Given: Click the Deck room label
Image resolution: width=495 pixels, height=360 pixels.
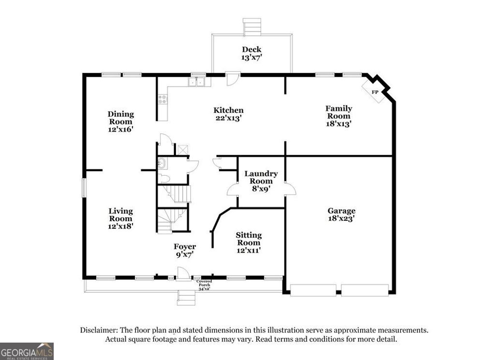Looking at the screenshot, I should [252, 49].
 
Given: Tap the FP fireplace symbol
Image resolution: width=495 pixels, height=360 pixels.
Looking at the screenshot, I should [375, 92].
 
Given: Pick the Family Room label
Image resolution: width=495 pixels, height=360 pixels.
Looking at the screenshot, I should [338, 112].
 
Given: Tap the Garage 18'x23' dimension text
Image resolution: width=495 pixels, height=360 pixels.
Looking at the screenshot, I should [341, 219].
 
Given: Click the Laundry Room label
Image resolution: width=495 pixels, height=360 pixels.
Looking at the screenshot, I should [261, 178].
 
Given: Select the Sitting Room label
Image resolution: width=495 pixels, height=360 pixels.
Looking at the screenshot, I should [248, 239].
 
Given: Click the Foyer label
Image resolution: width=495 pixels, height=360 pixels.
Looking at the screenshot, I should [185, 247].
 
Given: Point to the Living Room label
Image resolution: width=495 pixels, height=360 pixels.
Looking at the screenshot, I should [120, 215].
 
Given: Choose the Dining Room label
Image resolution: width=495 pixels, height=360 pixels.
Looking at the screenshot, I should [120, 118].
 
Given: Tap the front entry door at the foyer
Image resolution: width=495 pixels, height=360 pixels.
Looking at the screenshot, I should [183, 274].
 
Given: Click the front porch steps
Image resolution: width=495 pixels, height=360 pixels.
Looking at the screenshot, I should [186, 297].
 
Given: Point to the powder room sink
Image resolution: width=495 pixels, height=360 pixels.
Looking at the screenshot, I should [161, 165].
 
